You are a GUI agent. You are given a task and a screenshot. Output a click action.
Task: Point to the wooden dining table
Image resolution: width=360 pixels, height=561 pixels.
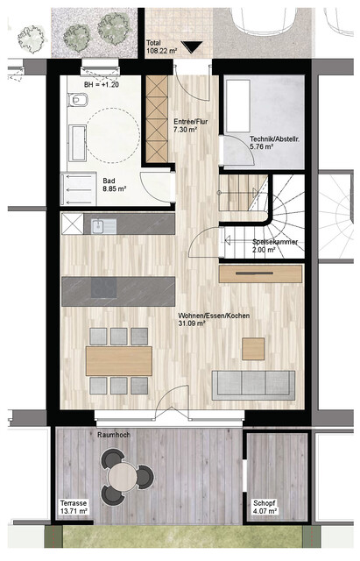point(119,359)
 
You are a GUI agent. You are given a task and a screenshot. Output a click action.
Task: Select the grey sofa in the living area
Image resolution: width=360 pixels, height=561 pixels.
point(253,382)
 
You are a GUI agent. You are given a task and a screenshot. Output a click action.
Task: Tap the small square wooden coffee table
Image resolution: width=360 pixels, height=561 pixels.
point(255,344)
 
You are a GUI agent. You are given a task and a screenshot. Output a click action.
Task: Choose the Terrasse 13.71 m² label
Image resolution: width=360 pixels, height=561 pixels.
point(76,509)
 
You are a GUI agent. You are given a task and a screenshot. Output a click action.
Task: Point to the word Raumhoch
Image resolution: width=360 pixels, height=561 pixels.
point(114,435)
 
